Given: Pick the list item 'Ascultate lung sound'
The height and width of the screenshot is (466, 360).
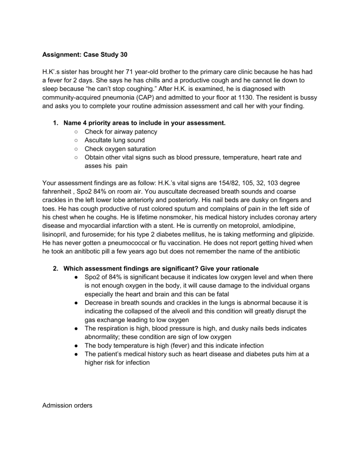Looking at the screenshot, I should click(x=114, y=140).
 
